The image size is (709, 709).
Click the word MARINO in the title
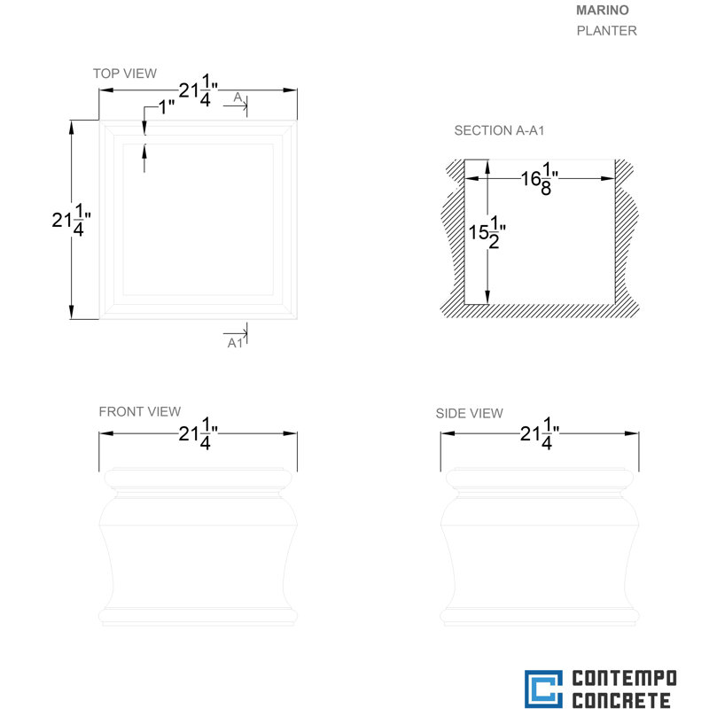tap(603, 11)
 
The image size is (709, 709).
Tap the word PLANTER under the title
tap(606, 31)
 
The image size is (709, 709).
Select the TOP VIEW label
tap(125, 74)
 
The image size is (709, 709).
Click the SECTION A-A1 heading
tap(499, 130)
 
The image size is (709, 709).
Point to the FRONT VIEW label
tap(140, 411)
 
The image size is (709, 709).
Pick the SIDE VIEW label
tap(470, 413)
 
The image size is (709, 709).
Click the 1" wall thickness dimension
tap(167, 107)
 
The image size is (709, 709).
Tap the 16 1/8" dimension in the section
tap(540, 179)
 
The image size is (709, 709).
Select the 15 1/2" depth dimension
tap(487, 232)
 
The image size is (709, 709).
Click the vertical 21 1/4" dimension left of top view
tap(71, 220)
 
